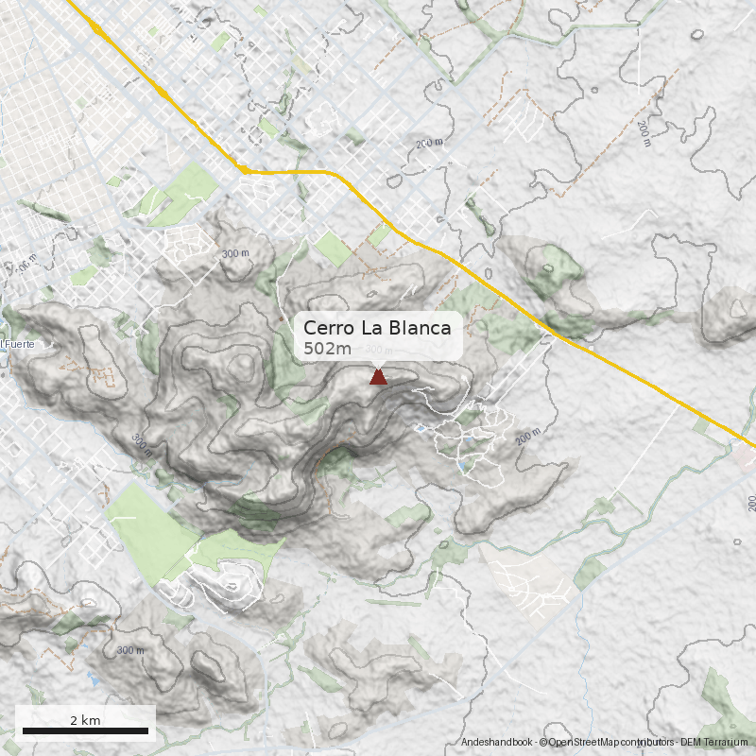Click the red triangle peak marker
point(378,377)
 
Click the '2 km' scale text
point(85,720)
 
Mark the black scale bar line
point(85,730)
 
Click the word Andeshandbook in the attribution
point(497,743)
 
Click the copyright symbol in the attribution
point(543,743)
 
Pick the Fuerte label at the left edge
point(18,344)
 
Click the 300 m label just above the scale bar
point(130,650)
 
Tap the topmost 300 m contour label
point(235,253)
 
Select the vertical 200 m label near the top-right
point(644,133)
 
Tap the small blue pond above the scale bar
point(94,678)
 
